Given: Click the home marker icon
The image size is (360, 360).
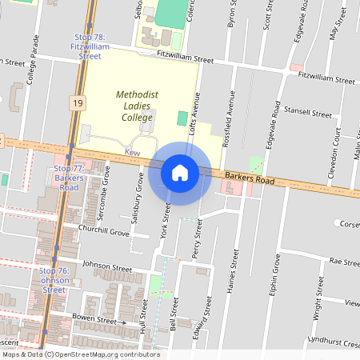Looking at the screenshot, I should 180,172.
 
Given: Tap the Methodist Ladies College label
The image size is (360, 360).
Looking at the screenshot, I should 134,106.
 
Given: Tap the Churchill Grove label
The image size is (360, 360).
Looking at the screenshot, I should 103,230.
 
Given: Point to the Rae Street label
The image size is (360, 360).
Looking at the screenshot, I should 345,262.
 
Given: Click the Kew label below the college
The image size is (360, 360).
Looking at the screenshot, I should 133,151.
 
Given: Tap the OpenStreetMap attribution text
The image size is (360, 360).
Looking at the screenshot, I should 81,354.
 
